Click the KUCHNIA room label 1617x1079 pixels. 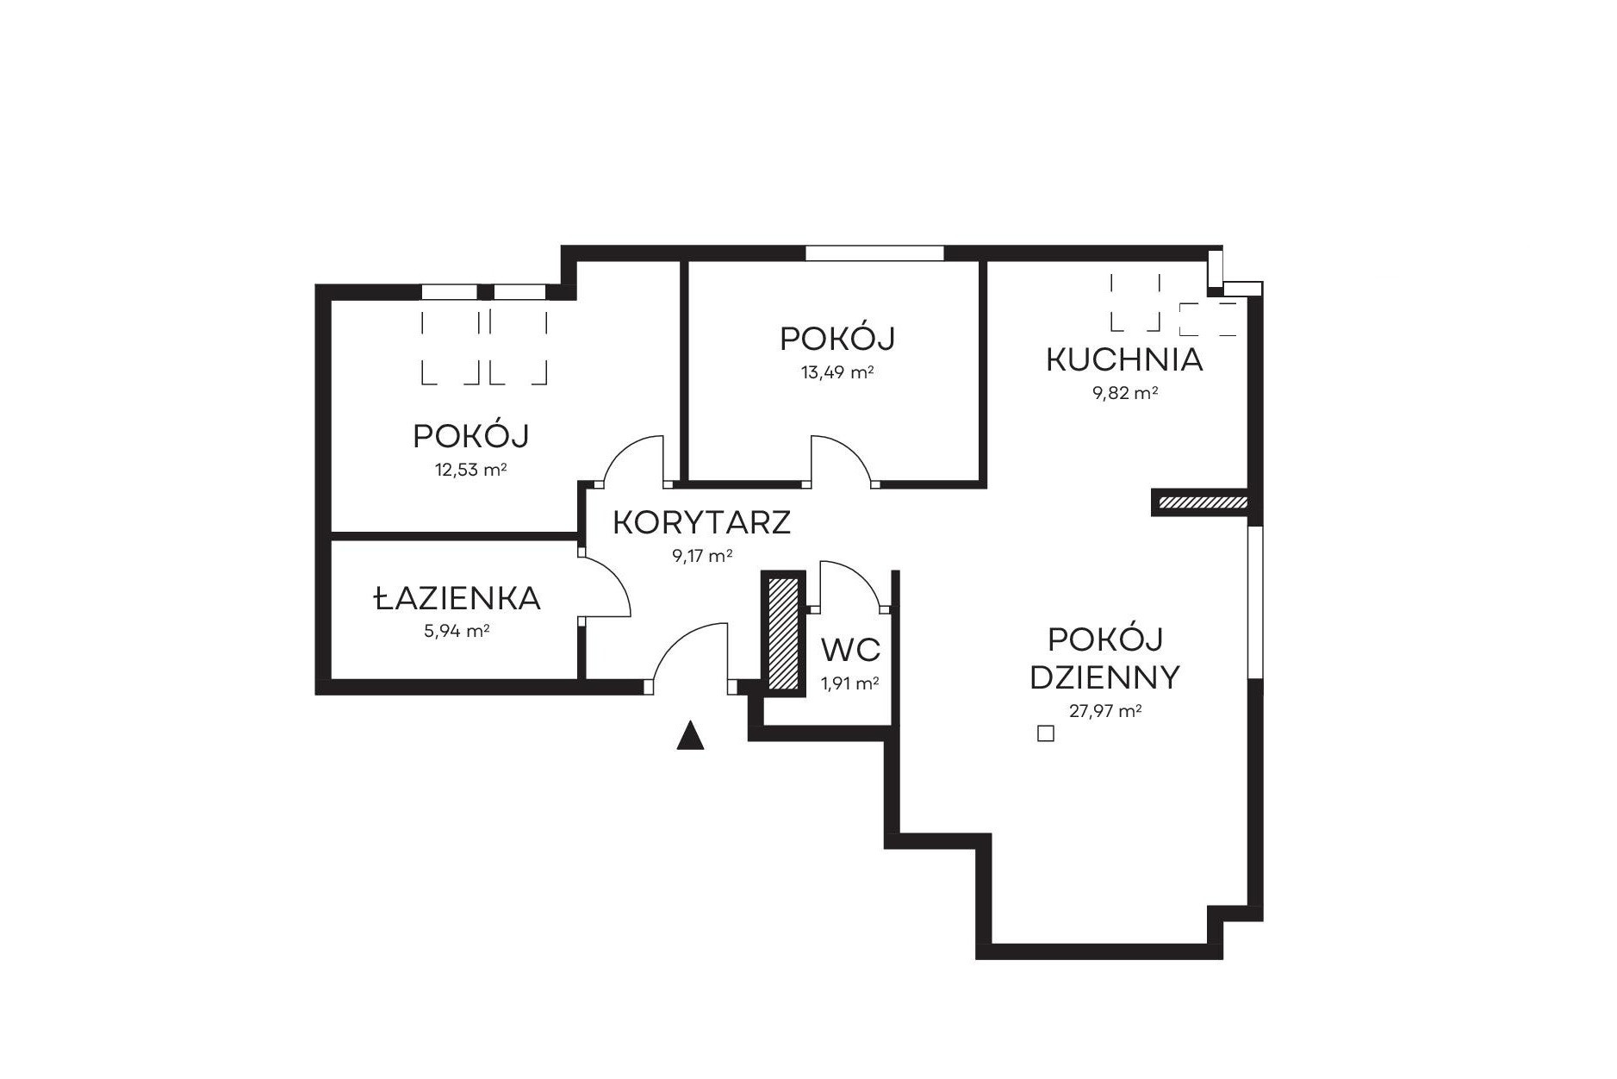(1124, 359)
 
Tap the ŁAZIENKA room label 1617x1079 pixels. (457, 597)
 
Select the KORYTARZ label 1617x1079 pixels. (702, 522)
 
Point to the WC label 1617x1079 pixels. (850, 648)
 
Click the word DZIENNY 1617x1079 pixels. (1104, 678)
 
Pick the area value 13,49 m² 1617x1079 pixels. (837, 372)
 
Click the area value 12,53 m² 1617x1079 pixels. (470, 470)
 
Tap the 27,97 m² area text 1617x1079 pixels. (1105, 711)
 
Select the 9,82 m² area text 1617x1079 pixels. (1124, 393)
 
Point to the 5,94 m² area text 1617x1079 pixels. (457, 631)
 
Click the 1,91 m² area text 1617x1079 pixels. (849, 683)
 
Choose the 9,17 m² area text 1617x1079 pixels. (702, 556)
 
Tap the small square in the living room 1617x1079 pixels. (1045, 734)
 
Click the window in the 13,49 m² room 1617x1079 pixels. (874, 253)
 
